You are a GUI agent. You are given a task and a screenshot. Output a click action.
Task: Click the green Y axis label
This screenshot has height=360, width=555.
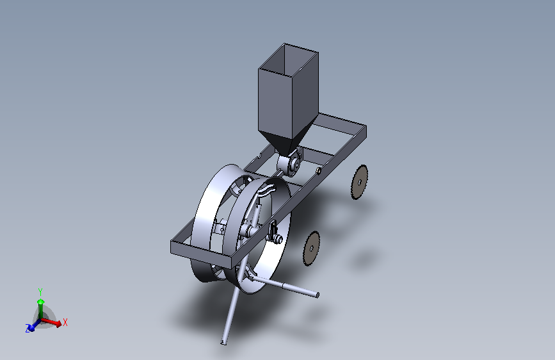40,291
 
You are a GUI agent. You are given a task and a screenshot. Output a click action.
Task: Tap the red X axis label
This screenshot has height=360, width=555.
65,322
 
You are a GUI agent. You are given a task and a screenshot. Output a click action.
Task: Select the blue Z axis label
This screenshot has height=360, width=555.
28,329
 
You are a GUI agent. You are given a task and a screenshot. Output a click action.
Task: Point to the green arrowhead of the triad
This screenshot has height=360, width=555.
41,302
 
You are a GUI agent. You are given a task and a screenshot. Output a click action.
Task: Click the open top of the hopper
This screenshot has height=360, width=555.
289,60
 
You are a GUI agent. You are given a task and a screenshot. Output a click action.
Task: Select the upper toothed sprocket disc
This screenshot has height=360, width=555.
360,182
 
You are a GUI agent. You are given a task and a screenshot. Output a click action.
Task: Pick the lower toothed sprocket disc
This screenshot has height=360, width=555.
312,249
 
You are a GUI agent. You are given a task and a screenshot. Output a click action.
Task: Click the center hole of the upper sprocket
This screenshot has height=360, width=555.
360,183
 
